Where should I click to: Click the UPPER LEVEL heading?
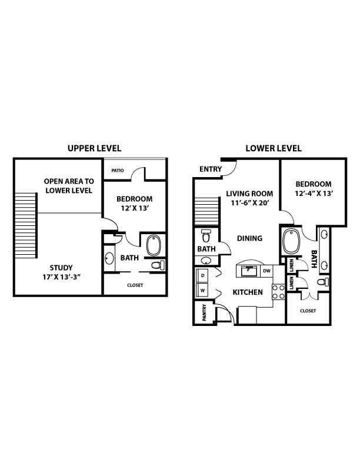coord(95,148)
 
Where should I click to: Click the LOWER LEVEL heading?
coord(274,148)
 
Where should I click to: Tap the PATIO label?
coord(118,171)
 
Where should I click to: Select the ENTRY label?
coord(211,169)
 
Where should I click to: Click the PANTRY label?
coord(204,312)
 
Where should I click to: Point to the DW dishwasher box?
coord(266,271)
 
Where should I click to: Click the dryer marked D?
coord(202,275)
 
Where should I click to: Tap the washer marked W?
coord(202,290)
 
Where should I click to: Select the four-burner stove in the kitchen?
coord(279,292)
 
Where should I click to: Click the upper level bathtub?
coord(154,245)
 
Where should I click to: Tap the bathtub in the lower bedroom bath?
coord(291,241)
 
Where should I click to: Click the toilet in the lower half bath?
coord(206,236)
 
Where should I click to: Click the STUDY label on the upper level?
coord(61,268)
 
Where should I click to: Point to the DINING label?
coord(249,238)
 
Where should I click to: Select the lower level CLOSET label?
coord(308,311)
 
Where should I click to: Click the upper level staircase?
coord(26,225)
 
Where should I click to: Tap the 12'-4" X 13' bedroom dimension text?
coord(314,193)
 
